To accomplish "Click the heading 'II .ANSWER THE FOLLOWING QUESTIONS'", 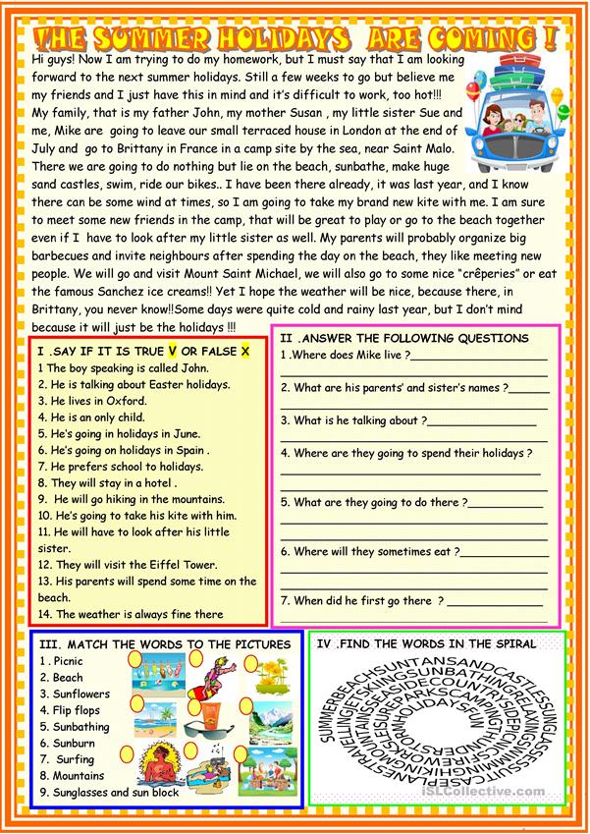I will (403, 338).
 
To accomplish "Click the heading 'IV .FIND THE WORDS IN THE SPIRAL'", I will (425, 644).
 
